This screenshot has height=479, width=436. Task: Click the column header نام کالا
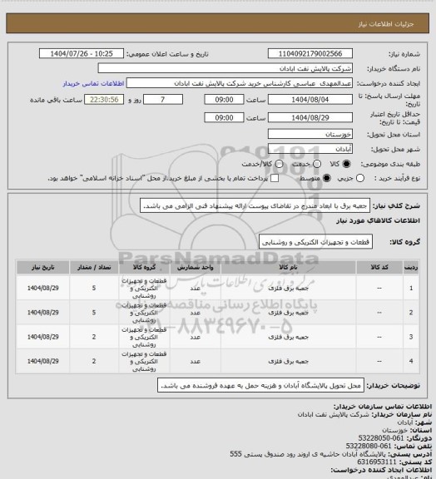[278, 268]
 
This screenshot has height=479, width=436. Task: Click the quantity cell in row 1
[94, 289]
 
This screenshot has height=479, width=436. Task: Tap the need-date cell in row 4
[41, 361]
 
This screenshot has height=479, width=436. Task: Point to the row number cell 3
[414, 337]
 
